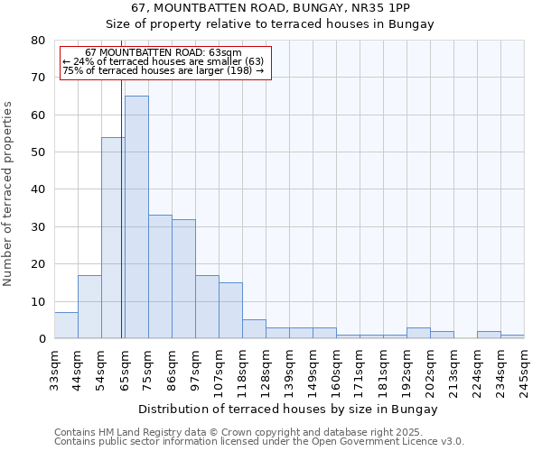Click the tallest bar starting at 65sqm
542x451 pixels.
coord(136,216)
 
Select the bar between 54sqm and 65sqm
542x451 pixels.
coord(113,238)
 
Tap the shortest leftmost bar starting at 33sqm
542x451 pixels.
coord(66,326)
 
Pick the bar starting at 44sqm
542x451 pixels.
coord(89,307)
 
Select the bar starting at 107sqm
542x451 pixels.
coord(230,310)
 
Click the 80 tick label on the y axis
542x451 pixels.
coord(37,41)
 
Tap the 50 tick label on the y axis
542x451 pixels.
coord(37,152)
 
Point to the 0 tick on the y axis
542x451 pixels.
coord(42,339)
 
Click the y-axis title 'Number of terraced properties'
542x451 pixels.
coord(8,194)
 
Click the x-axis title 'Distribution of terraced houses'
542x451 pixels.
coord(289,409)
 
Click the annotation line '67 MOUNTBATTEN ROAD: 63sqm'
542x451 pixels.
coord(164,53)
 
